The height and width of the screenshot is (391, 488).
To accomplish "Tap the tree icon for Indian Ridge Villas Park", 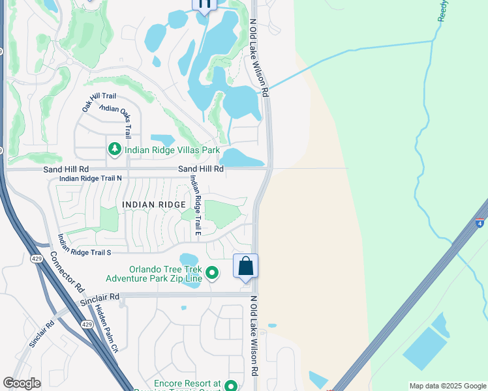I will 115,151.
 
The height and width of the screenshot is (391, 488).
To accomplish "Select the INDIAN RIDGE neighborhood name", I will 153,205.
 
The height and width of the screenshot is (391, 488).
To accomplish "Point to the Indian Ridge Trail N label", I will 91,178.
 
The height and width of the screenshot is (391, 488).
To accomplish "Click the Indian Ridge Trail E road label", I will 194,205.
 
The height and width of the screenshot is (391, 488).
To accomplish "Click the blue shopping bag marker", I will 246,266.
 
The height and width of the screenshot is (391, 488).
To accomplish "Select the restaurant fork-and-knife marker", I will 204,5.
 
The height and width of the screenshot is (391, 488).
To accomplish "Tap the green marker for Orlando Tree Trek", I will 212,273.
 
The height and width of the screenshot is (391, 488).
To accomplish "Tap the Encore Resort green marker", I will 230,386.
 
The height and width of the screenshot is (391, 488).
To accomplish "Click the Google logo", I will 22,383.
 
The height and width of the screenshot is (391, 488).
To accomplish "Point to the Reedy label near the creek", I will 442,11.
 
